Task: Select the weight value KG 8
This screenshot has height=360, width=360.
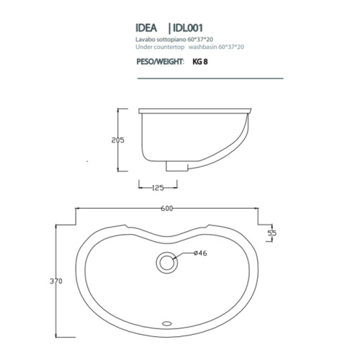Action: coord(200,63)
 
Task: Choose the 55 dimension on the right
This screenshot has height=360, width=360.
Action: coord(272,233)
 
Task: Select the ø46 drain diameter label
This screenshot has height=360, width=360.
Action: coord(200,253)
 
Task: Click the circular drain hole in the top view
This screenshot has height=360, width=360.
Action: coord(168,263)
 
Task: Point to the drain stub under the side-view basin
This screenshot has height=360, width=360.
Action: coord(174,166)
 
